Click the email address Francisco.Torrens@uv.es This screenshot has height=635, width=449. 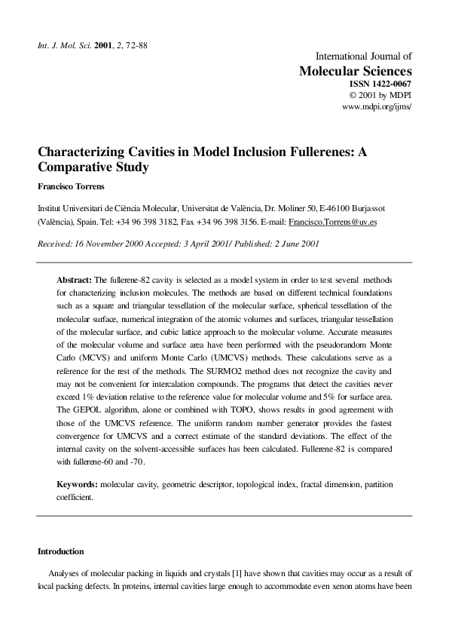point(333,223)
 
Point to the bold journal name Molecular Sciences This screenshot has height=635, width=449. point(356,70)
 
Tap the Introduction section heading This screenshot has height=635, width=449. point(61,551)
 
